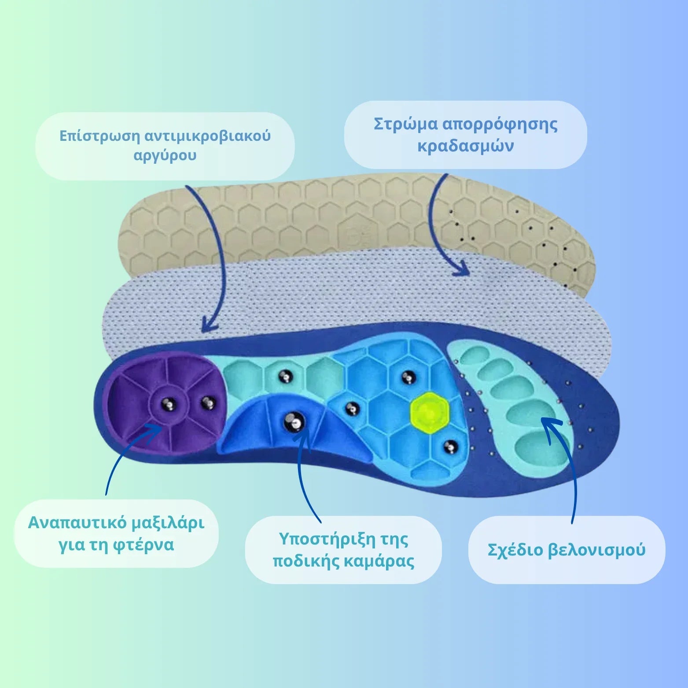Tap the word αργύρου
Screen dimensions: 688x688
click(165, 155)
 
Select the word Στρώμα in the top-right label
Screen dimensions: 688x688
click(405, 125)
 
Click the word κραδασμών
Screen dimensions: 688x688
click(465, 146)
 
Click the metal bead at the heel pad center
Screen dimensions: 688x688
click(169, 403)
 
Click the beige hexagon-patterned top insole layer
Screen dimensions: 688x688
click(308, 216)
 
